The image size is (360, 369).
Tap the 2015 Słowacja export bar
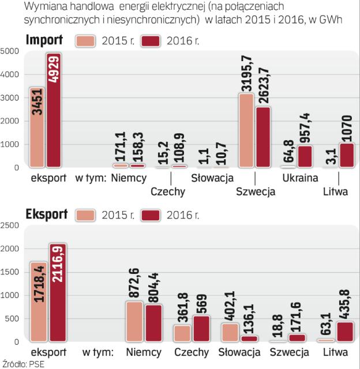tap(229, 332)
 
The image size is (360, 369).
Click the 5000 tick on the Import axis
tap(10, 51)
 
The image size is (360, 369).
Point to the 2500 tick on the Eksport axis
tap(10, 225)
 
